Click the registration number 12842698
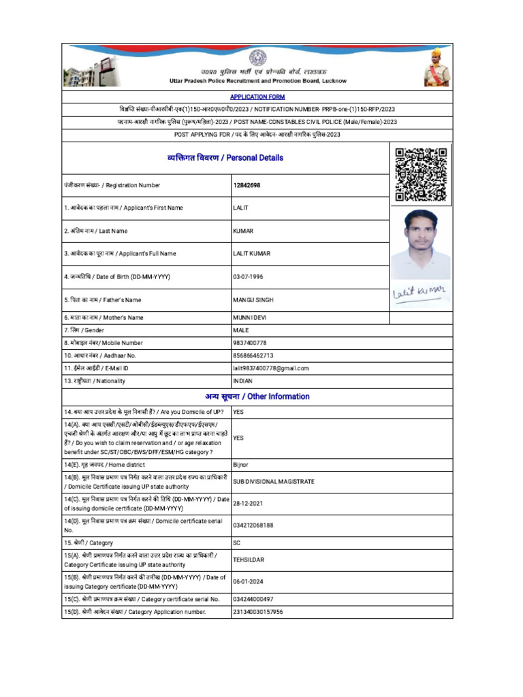click(247, 185)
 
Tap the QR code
click(421, 174)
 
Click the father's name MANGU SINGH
click(253, 299)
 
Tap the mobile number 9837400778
click(250, 343)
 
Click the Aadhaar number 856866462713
click(253, 355)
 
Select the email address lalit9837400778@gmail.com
click(270, 368)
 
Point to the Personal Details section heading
click(225, 158)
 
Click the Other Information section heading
click(257, 397)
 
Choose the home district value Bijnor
click(240, 464)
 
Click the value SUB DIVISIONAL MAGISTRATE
click(274, 481)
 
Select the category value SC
click(237, 543)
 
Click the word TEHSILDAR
click(249, 560)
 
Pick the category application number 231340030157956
click(258, 612)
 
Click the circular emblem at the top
click(257, 58)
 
